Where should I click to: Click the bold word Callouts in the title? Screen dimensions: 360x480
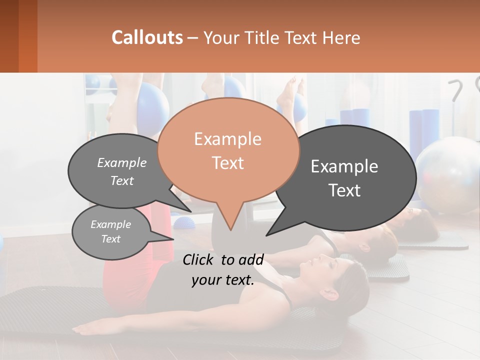point(147,37)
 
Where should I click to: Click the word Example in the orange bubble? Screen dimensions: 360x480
point(228,139)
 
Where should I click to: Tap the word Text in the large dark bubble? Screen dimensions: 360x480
point(344,190)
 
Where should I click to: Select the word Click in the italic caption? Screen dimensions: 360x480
point(200,259)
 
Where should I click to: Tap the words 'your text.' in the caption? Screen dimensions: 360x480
point(222,280)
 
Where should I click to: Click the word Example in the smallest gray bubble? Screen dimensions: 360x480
point(110,224)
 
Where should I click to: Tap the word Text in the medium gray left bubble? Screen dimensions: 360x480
point(122,181)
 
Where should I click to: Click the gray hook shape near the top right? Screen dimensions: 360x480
point(455,90)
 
